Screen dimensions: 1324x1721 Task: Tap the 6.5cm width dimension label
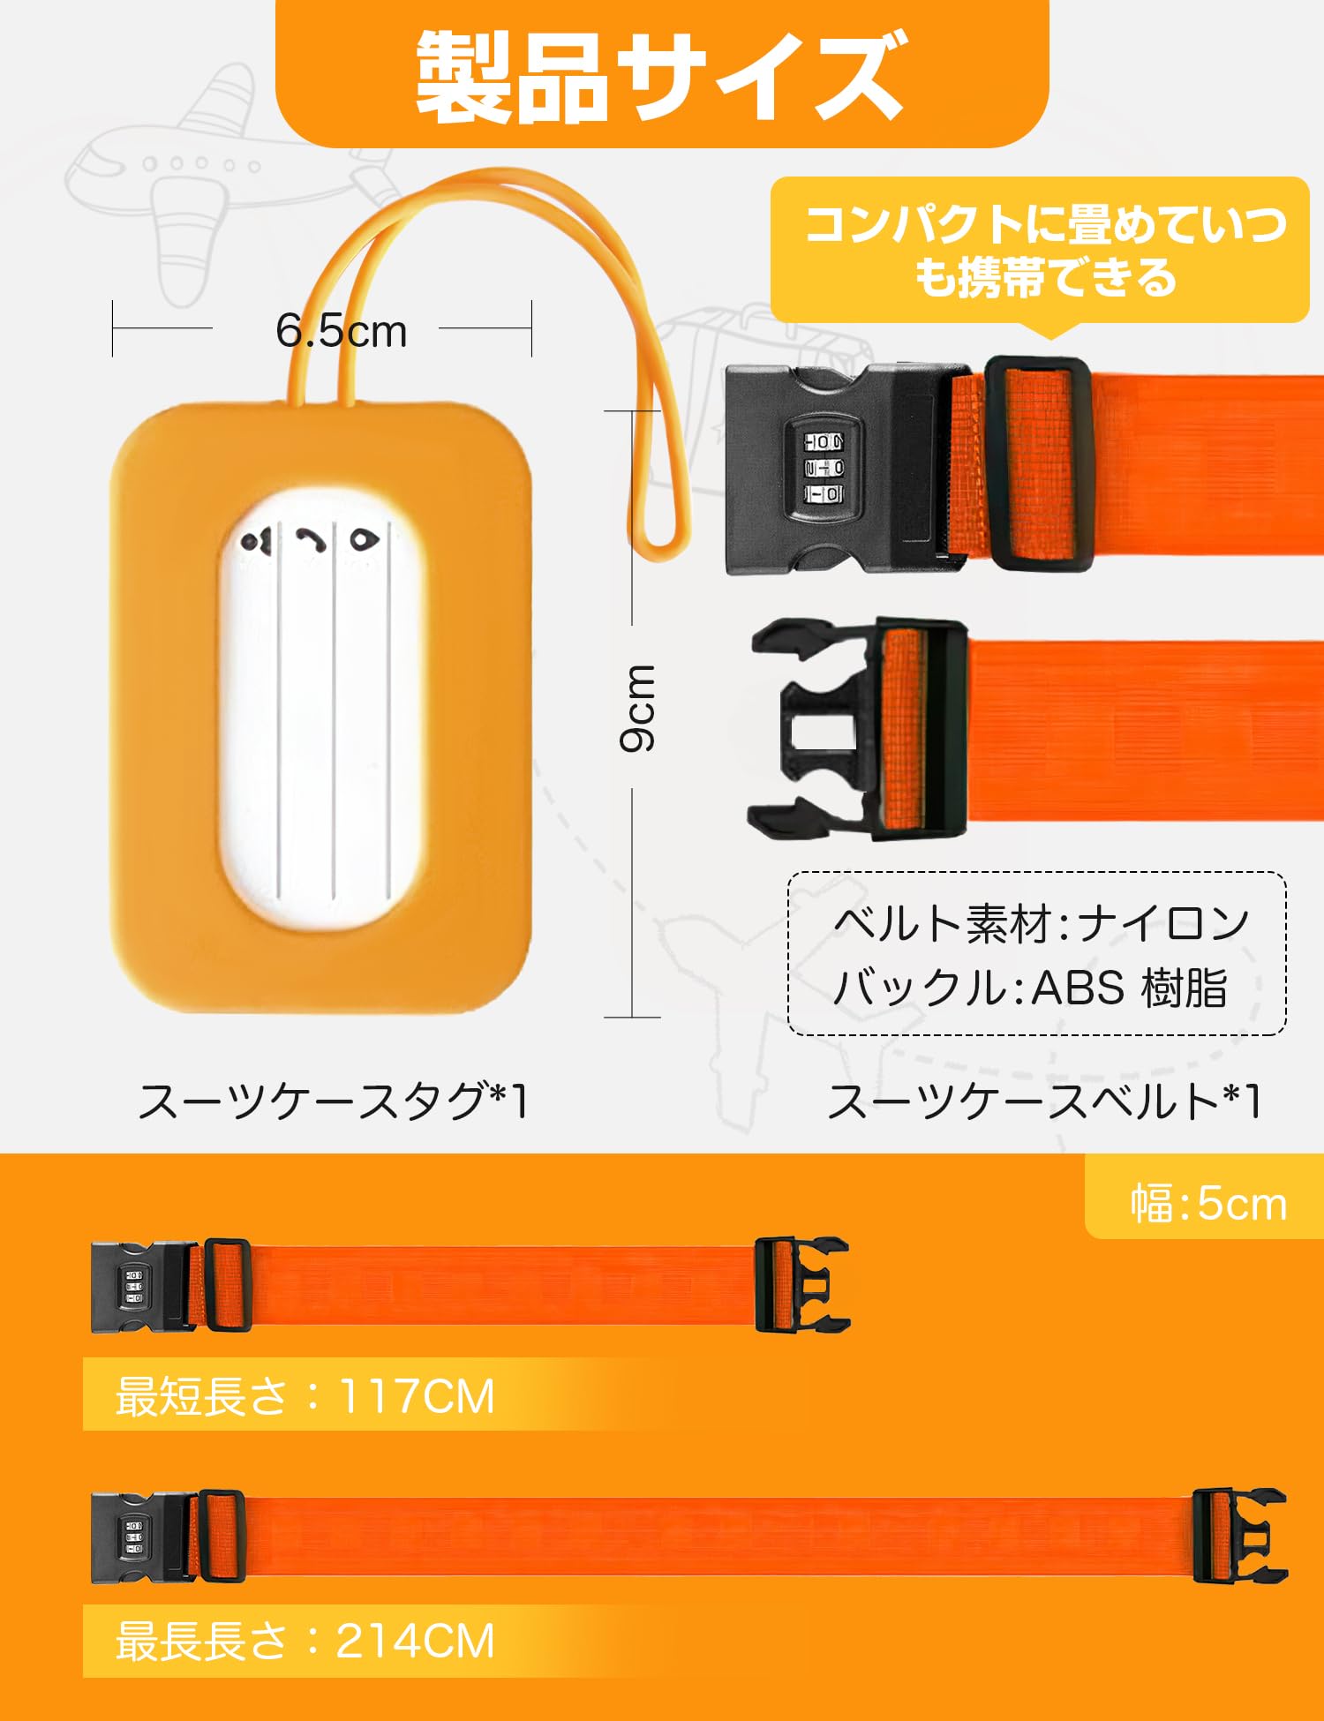click(x=341, y=331)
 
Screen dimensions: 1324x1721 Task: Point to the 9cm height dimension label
click(x=637, y=709)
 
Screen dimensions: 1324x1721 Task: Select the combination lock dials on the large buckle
click(x=823, y=467)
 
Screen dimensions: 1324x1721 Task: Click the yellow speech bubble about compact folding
click(x=1041, y=251)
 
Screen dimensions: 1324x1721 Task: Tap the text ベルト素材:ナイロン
click(x=1040, y=923)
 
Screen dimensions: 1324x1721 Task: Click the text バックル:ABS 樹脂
click(x=1029, y=988)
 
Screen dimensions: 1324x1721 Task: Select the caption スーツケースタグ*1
click(x=334, y=1101)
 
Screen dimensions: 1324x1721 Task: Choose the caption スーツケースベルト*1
click(x=1043, y=1101)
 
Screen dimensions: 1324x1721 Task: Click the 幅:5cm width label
click(x=1208, y=1204)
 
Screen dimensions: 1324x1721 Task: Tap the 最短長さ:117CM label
click(x=305, y=1395)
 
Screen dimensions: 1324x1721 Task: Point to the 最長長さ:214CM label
click(x=305, y=1641)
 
